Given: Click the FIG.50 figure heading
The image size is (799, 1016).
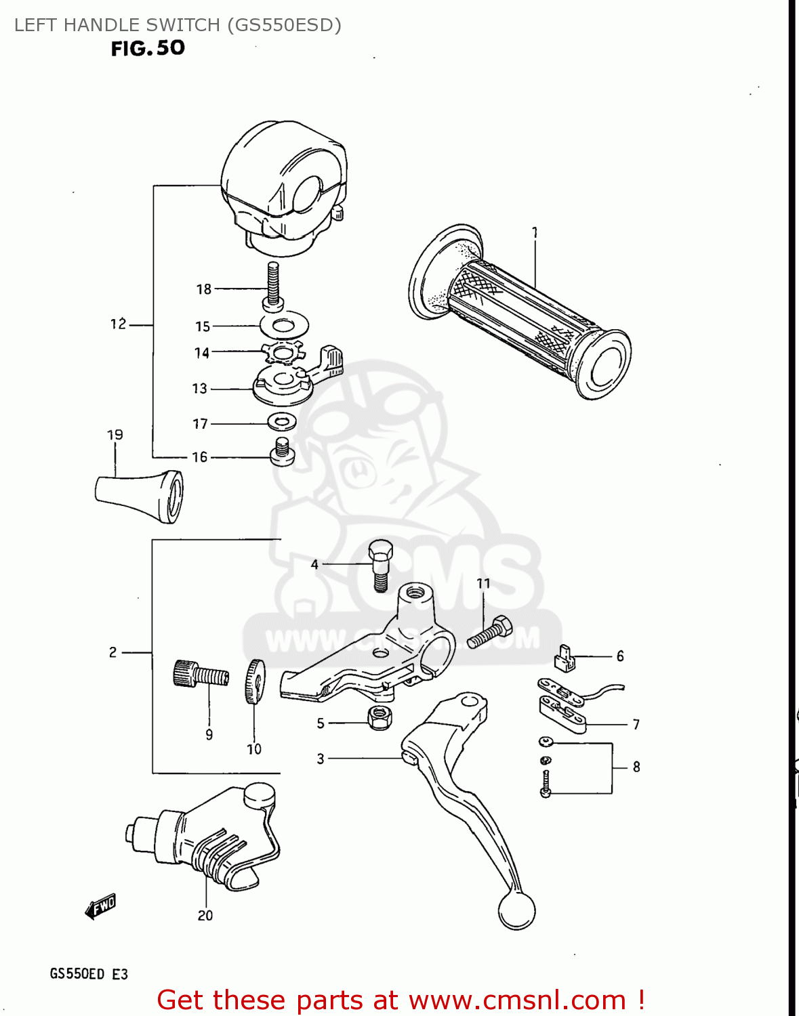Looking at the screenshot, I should point(148,48).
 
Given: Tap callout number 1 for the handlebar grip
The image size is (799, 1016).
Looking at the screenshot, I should point(535,233).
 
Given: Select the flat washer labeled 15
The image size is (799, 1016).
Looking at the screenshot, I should point(285,325).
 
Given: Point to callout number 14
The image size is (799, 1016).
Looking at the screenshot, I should point(202,353).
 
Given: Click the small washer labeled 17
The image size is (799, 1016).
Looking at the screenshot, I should point(282,422).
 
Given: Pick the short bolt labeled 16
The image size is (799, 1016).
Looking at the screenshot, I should point(283,452).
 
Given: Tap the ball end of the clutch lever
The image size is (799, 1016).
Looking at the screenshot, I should point(516,910).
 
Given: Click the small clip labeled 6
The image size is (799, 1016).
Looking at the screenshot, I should point(565,658).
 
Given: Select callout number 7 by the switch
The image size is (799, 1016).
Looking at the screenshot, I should point(636,725).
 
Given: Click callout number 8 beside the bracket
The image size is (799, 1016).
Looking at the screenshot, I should point(636,767).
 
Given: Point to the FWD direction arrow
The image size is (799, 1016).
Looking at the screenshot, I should point(101,906).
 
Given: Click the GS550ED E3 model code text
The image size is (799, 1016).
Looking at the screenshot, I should point(89,974).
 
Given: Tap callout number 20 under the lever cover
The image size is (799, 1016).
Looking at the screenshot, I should point(205,915).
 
